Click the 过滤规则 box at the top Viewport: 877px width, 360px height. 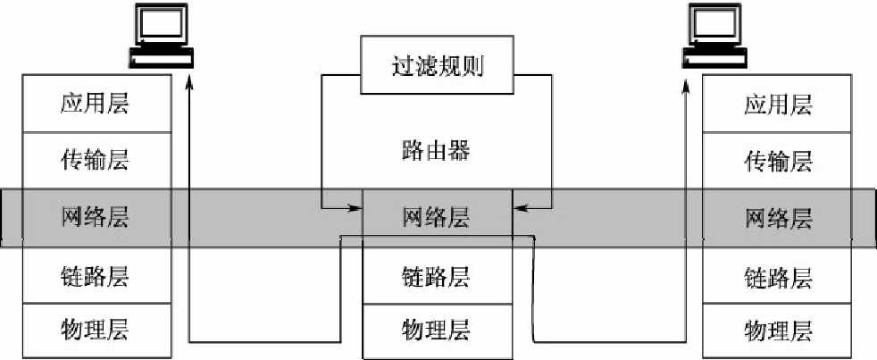[x=437, y=65]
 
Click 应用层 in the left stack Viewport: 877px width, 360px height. [x=96, y=105]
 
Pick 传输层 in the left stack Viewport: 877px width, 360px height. [x=96, y=161]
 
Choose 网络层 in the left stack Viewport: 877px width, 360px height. [x=96, y=218]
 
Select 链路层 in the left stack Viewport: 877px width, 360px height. [x=96, y=275]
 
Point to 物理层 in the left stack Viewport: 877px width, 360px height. [x=96, y=331]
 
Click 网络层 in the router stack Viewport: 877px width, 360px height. [x=437, y=218]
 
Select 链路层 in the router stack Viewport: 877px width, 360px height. [x=437, y=275]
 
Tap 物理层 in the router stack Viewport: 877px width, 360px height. [x=437, y=331]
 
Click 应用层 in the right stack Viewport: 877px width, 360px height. [x=778, y=105]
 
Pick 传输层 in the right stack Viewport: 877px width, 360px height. [x=778, y=161]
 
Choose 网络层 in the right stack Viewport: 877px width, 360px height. [x=778, y=218]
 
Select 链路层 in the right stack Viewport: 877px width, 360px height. [x=778, y=275]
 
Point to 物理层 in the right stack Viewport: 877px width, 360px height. [x=778, y=331]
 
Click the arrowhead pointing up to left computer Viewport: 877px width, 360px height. [x=189, y=82]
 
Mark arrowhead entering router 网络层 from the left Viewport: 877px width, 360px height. [x=356, y=208]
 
